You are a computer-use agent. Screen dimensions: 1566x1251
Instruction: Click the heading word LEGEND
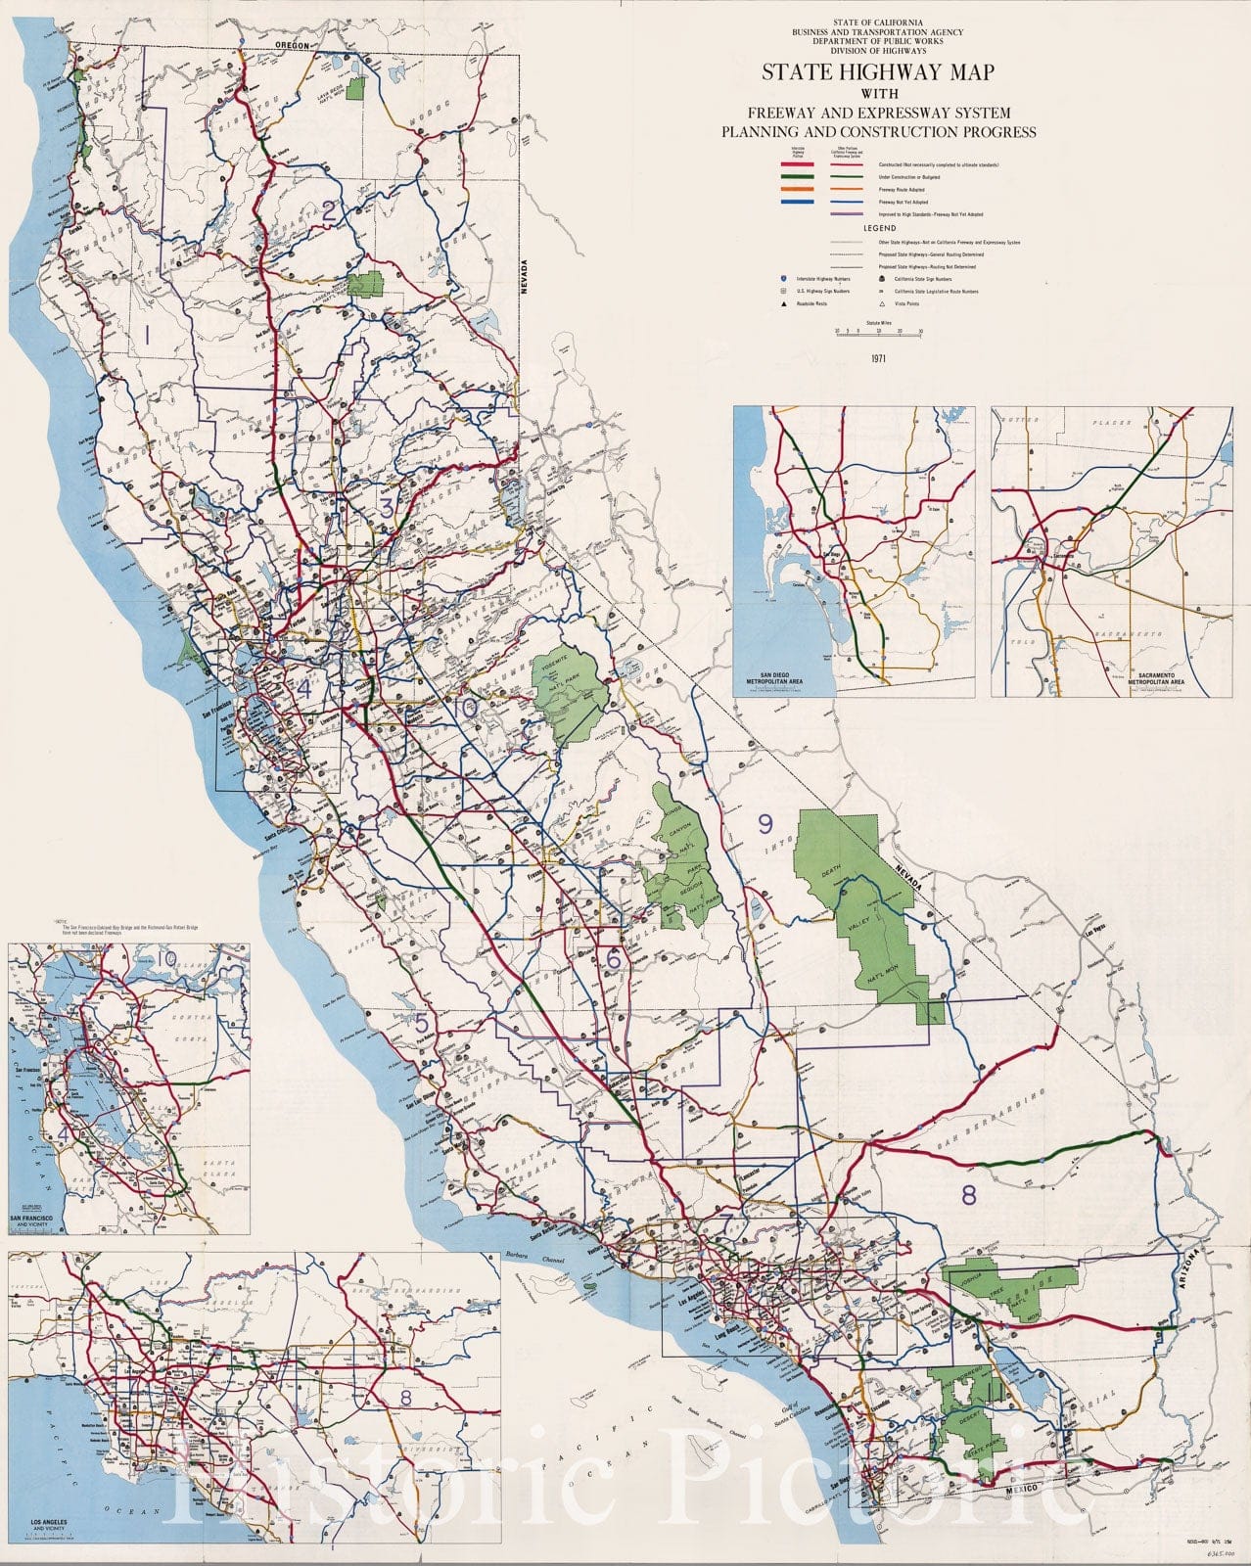click(878, 228)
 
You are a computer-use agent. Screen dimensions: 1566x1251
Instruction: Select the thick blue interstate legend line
click(797, 202)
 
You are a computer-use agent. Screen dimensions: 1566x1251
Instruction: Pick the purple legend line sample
click(846, 213)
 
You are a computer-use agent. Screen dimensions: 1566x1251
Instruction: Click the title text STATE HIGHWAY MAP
click(878, 72)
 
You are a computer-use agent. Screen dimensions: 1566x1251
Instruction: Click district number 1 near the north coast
click(147, 336)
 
